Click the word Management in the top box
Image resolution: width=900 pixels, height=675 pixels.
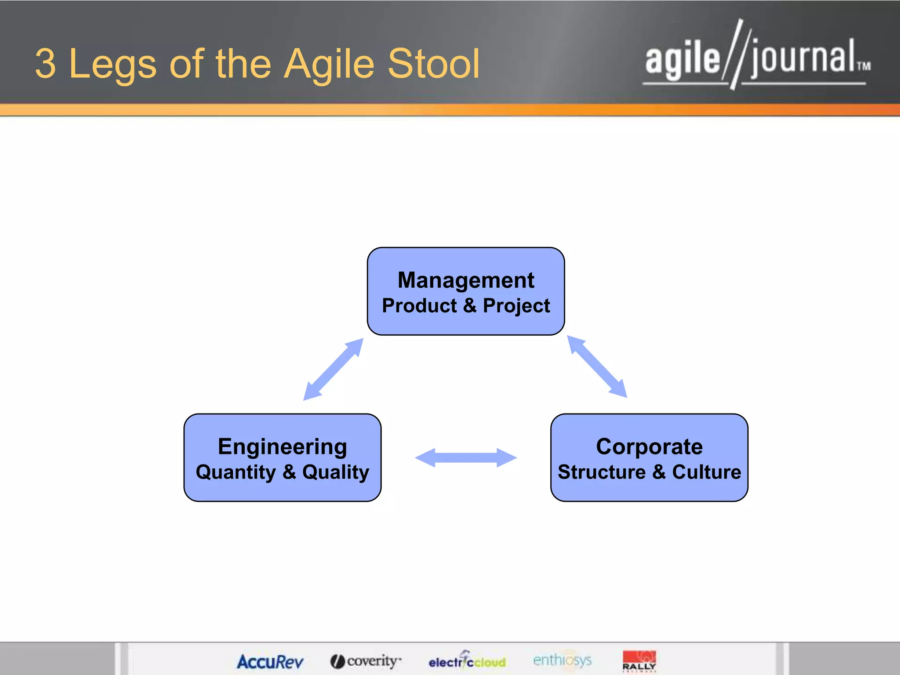[x=466, y=280]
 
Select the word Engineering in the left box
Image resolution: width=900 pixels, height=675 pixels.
[x=282, y=446]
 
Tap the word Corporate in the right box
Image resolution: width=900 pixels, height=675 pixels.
[x=649, y=446]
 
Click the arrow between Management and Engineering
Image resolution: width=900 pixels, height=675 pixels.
[x=334, y=369]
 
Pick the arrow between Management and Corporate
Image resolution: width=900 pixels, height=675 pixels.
[x=597, y=367]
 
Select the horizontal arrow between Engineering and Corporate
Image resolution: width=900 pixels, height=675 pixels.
[x=466, y=457]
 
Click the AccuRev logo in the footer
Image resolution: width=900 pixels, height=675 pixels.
[x=270, y=661]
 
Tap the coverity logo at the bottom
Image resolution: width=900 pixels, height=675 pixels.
[x=366, y=660]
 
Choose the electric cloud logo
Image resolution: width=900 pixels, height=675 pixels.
[x=467, y=661]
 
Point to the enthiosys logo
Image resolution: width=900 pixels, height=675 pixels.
[x=562, y=660]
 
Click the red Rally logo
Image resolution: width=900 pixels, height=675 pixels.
[x=639, y=660]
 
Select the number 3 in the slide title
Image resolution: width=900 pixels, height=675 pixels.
[x=46, y=64]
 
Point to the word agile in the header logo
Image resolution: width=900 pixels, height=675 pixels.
[x=682, y=60]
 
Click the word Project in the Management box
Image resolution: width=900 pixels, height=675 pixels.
[x=516, y=306]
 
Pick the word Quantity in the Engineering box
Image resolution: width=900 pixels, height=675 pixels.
[x=236, y=472]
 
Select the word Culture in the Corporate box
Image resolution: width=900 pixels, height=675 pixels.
[x=706, y=472]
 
